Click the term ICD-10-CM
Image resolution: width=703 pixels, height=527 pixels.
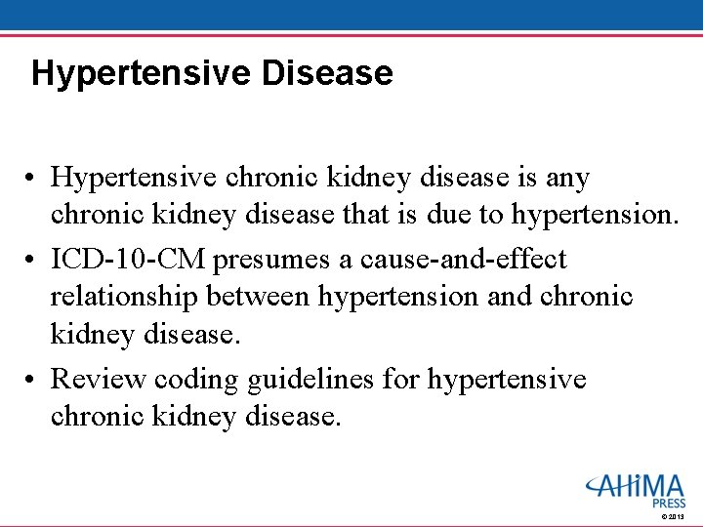point(129,260)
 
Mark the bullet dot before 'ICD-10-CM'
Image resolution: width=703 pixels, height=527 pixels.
point(33,261)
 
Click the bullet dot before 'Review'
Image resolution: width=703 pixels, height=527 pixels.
point(33,380)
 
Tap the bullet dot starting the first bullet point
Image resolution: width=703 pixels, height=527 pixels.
point(33,180)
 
